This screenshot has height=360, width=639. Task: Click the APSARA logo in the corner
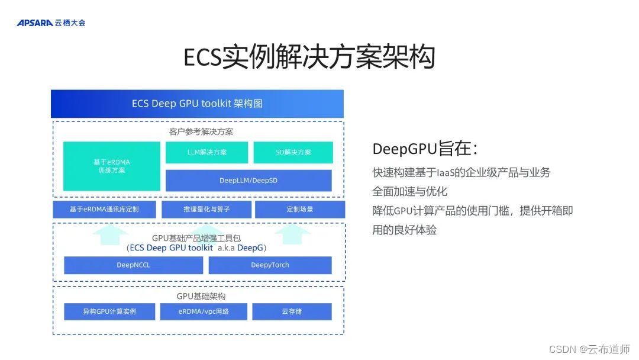[51, 23]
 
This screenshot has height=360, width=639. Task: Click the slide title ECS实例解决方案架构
[309, 57]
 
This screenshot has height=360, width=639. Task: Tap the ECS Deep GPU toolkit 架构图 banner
[197, 104]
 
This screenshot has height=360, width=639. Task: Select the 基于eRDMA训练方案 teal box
[112, 166]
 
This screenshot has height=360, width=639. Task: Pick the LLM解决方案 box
[206, 152]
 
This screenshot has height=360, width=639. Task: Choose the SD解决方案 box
[293, 152]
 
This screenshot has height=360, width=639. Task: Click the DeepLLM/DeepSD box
[248, 181]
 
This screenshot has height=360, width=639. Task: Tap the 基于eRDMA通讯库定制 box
[104, 209]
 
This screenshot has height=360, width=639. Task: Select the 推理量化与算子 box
[206, 209]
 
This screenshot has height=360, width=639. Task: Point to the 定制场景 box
[299, 209]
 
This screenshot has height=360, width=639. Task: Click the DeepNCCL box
[133, 265]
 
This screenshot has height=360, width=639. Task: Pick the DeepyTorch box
[270, 265]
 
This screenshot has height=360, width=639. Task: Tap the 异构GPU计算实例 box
[109, 311]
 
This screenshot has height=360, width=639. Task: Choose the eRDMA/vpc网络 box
[204, 311]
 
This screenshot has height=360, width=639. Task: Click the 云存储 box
[292, 311]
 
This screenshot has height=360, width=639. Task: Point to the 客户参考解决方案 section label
[197, 131]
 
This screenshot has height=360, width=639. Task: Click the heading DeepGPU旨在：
[425, 149]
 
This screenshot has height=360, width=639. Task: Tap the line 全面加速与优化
[409, 191]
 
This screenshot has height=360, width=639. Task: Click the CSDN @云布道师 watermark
[589, 349]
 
